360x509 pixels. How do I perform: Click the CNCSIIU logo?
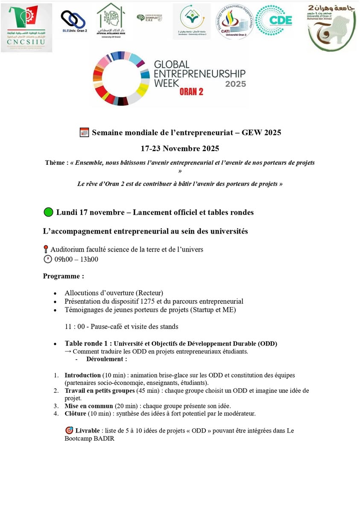26,27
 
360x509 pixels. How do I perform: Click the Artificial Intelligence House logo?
111,20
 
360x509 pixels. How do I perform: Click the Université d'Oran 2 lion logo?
332,28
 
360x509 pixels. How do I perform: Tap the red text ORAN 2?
191,91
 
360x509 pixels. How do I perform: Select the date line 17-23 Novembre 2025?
180,149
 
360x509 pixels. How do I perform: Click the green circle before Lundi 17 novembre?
48,212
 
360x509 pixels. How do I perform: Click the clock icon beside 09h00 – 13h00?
47,259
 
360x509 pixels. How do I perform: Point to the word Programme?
63,276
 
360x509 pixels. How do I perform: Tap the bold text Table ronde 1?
88,343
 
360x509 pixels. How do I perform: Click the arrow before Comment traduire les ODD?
68,351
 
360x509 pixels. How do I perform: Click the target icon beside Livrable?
69,430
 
